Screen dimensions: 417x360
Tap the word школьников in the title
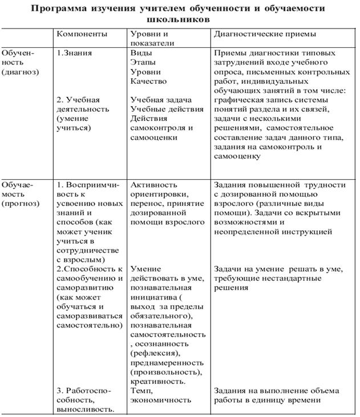pos(180,19)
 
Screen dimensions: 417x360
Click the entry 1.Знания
pos(75,53)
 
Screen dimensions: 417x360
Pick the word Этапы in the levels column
pos(143,62)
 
